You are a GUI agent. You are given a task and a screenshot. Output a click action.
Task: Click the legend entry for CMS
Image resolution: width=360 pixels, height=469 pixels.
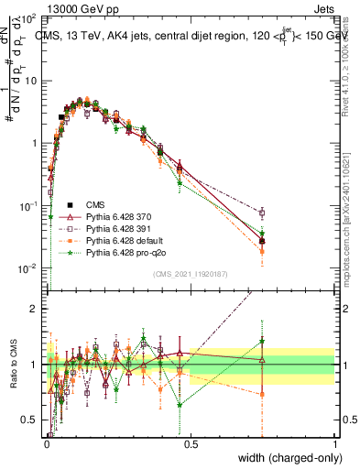pos(96,205)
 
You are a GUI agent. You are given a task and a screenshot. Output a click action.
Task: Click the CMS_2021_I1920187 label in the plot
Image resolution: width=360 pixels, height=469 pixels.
pos(191,273)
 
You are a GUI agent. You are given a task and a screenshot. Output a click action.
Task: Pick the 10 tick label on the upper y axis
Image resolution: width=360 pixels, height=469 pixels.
pos(30,81)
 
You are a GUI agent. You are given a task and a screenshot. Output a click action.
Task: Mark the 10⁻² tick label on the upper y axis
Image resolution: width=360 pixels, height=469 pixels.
pos(30,268)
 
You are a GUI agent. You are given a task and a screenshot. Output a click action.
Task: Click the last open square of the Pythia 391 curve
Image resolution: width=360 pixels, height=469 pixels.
pos(262,213)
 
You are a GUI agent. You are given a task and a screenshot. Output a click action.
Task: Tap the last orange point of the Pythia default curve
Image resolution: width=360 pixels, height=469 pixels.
pos(262,250)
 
